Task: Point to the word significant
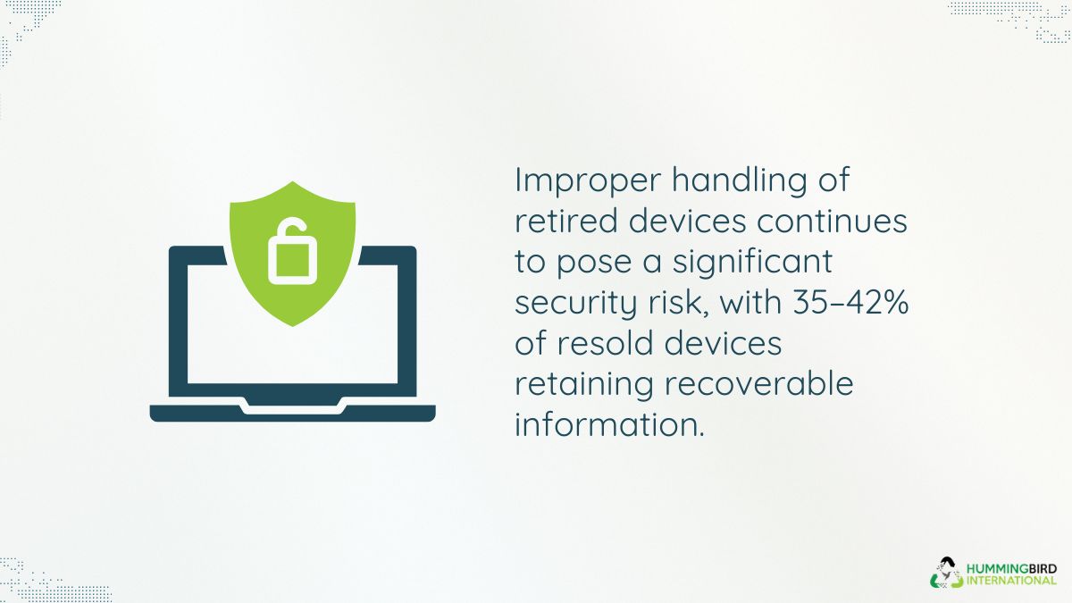click(x=753, y=264)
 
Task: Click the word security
click(x=576, y=305)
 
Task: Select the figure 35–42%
click(x=850, y=303)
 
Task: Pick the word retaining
click(x=584, y=386)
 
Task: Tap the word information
click(x=609, y=424)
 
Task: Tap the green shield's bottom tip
click(x=292, y=326)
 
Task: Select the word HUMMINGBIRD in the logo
click(x=1011, y=570)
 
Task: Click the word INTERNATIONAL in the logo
click(x=1011, y=582)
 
